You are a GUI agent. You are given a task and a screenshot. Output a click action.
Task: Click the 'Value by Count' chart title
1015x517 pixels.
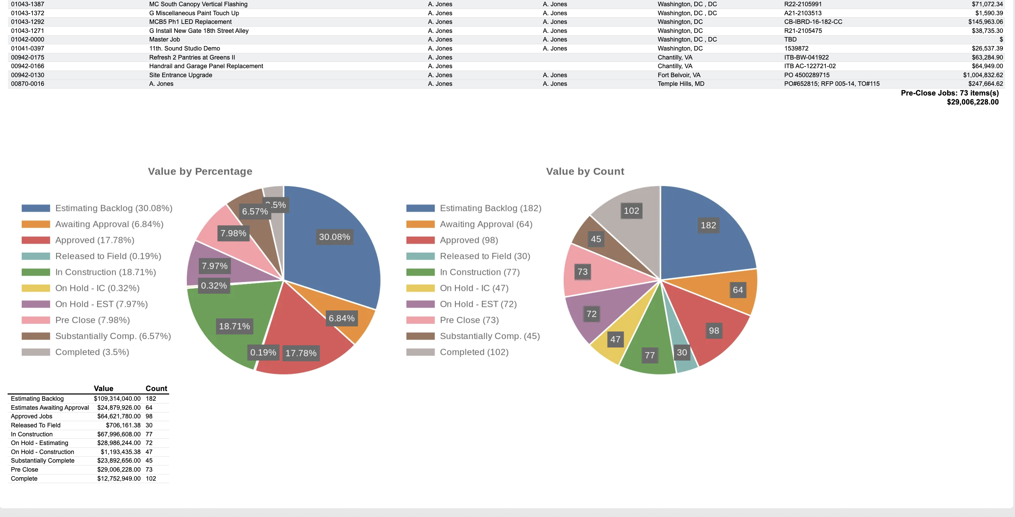585,171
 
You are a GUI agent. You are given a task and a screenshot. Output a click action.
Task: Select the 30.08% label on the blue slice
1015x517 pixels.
334,237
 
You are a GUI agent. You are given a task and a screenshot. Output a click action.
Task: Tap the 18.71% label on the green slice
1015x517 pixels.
235,326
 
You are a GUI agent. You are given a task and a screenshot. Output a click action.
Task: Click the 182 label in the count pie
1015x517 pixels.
708,225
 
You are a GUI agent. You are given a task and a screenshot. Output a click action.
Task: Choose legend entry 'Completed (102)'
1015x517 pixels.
474,352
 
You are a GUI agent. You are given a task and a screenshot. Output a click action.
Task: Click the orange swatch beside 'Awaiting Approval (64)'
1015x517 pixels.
420,224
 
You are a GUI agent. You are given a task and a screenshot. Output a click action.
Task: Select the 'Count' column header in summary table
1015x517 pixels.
156,389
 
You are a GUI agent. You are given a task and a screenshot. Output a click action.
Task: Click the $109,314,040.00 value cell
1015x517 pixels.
117,399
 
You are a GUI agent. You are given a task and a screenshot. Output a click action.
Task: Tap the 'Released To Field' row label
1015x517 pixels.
36,425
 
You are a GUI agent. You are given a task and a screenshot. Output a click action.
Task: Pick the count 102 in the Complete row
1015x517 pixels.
150,478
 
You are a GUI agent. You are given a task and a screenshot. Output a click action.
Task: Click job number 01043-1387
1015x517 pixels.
28,4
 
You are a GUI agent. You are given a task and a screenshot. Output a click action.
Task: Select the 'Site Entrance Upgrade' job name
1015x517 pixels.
181,75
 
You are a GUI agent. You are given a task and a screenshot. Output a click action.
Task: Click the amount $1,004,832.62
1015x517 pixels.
983,75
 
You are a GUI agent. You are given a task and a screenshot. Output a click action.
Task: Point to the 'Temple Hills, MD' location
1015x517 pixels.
680,83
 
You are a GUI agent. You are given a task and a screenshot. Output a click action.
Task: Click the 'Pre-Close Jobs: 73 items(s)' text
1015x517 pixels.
949,93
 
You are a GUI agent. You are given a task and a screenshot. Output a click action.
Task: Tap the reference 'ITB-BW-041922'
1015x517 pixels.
806,57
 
